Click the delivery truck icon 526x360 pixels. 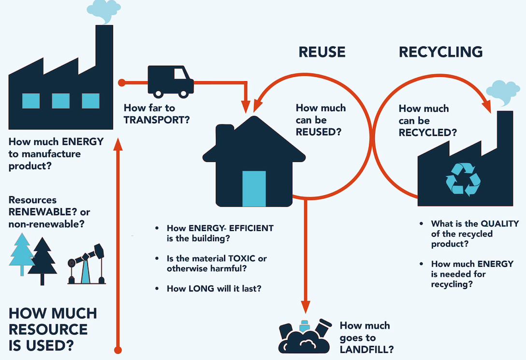point(171,81)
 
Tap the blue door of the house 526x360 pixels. point(254,188)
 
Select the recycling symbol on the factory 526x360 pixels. point(463,179)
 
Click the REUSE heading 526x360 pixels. point(321,52)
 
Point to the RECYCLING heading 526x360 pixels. point(441,52)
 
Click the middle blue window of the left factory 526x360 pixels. point(61,101)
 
